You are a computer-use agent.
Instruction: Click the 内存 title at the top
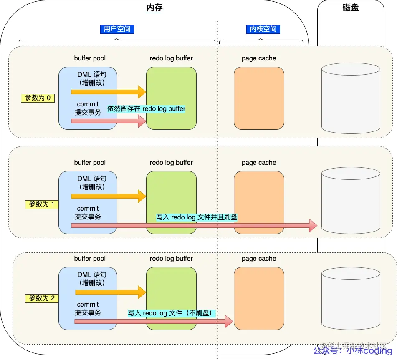coord(154,8)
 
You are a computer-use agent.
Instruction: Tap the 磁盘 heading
coord(350,8)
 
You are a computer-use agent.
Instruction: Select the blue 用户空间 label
coord(117,29)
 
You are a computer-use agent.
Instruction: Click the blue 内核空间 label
coord(263,29)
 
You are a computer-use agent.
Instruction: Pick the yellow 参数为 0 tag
coord(38,98)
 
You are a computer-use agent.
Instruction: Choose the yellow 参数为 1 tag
coord(42,204)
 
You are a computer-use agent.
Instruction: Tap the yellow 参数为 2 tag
coord(42,298)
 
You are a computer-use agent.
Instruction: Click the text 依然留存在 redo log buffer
coord(147,108)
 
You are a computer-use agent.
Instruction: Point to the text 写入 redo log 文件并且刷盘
coord(197,217)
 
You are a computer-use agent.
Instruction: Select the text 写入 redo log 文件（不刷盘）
coord(171,313)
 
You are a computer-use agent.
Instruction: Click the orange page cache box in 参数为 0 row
coord(259,98)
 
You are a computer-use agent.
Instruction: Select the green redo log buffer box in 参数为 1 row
coord(171,202)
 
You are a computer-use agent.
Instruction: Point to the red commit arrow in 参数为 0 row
coord(109,121)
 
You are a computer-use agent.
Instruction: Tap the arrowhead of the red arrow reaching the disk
coord(313,226)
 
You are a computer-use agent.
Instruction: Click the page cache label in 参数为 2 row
coord(259,259)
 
